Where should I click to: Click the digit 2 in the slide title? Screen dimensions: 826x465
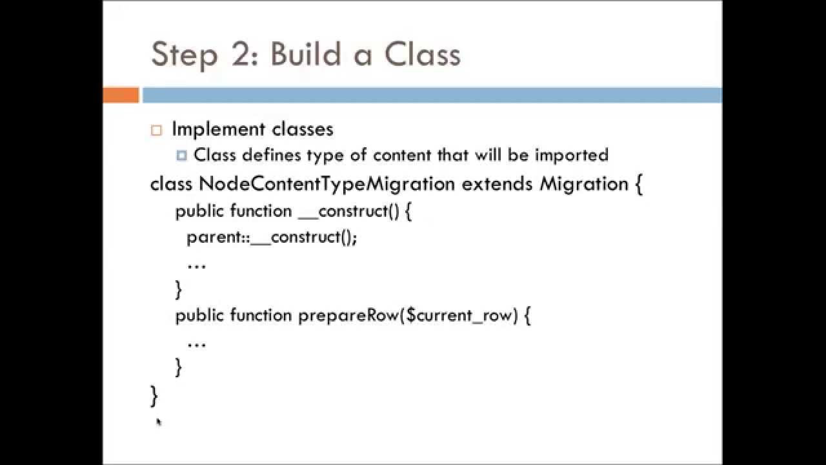243,54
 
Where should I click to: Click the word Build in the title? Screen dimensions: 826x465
305,54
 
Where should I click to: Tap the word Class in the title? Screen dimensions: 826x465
423,54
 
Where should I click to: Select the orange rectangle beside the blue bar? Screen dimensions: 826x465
121,95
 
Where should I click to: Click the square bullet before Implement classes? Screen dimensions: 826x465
156,130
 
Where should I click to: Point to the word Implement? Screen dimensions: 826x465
218,130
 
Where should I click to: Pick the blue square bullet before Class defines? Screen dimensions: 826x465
181,156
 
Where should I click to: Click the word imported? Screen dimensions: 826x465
572,156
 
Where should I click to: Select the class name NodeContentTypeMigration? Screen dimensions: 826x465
327,184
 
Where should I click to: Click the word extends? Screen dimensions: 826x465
497,184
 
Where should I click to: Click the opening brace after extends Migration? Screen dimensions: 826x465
639,184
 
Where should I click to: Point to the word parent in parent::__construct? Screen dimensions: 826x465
214,238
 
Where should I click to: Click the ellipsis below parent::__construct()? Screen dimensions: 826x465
197,267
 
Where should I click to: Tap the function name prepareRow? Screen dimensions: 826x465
348,316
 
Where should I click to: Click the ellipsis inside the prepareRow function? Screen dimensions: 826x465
197,346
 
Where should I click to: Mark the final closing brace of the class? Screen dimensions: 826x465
154,396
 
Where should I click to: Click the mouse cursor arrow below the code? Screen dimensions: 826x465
159,422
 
